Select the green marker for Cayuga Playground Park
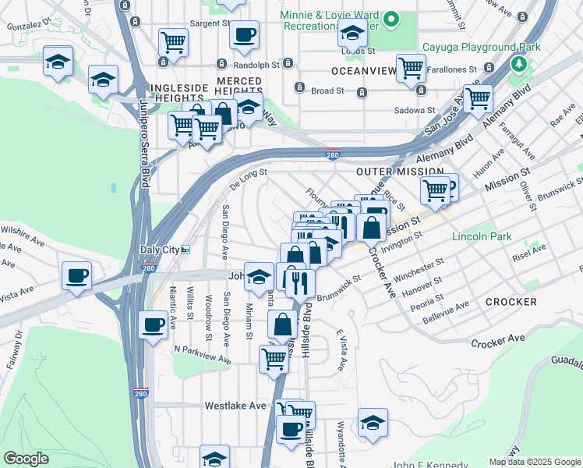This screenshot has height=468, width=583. point(516,62)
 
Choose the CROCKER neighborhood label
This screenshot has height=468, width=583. point(511,301)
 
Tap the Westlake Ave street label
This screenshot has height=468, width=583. point(235,406)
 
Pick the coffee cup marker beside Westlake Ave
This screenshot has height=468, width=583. point(291,428)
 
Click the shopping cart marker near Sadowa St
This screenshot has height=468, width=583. point(477,98)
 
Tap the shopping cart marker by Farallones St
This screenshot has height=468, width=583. point(410,67)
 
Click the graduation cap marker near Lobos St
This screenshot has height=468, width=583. point(352,33)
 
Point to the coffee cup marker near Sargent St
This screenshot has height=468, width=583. point(245,34)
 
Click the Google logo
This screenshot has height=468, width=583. point(26,459)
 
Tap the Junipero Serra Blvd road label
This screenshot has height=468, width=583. point(144,144)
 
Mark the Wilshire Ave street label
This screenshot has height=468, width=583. point(22,231)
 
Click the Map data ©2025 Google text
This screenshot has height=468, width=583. point(534,462)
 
